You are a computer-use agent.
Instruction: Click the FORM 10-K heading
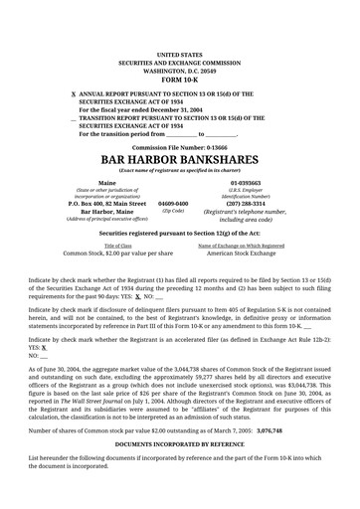[179, 81]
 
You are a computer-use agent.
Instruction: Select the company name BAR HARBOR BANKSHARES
[179, 159]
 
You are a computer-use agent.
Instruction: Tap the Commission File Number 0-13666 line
[179, 146]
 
